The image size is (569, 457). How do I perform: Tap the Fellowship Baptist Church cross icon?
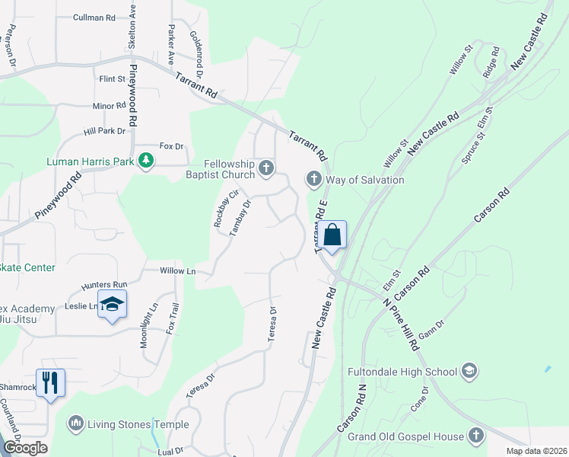coord(265,168)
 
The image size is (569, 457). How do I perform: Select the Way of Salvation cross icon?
coord(313,180)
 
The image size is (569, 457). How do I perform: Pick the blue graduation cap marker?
coord(112,305)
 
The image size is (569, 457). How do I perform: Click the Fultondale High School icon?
coord(469,371)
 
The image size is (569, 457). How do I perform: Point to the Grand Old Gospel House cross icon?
coord(476,436)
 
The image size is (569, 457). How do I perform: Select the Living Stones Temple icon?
coord(75,423)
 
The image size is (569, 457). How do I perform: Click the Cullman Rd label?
coord(94,17)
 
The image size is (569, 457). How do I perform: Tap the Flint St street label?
coord(112,79)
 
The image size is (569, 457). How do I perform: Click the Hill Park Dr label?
coord(104,131)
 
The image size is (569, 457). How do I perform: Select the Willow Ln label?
coord(178,270)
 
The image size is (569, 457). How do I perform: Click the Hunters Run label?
coord(101,286)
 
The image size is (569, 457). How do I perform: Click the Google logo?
coord(24,448)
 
